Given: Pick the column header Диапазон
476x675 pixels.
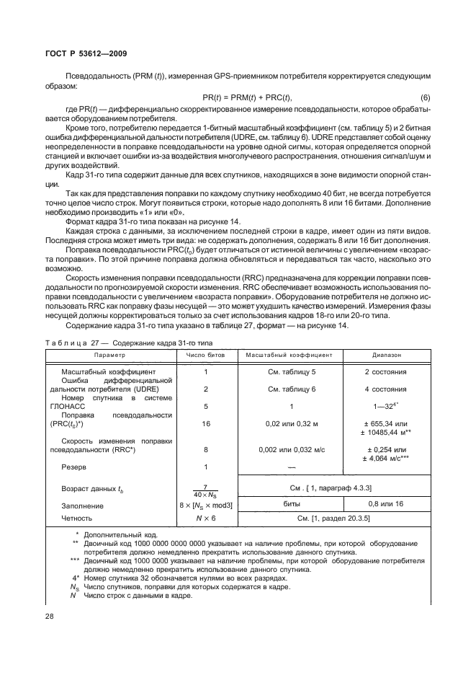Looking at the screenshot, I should [385, 356].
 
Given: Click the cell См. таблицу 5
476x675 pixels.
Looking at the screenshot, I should [292, 372].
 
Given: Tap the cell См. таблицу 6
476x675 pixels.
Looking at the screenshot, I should [292, 389].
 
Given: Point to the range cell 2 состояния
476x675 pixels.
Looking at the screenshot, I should [385, 372].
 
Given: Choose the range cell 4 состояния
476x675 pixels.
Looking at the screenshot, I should [385, 389].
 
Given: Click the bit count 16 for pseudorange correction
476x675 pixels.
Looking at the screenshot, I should [206, 424].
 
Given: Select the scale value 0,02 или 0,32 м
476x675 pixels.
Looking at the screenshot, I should [292, 424].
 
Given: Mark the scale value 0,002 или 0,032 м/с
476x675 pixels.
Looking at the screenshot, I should [292, 450].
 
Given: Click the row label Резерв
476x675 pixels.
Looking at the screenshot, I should [75, 468].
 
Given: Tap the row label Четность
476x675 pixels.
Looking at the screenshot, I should [78, 518].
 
